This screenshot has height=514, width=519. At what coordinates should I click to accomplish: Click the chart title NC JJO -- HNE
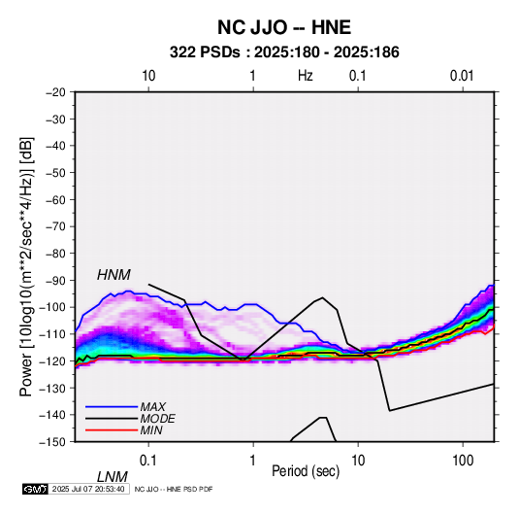[284, 27]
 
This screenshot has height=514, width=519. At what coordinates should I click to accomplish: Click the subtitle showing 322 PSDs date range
[284, 52]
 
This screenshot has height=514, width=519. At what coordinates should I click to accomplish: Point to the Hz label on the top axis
[306, 76]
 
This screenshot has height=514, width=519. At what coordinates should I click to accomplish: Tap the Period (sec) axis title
[306, 471]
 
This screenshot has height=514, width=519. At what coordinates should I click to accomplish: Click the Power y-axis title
[26, 267]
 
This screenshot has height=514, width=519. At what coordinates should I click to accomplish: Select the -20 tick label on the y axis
[55, 92]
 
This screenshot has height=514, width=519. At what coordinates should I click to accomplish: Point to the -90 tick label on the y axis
[55, 281]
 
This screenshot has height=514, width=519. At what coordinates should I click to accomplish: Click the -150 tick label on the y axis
[52, 442]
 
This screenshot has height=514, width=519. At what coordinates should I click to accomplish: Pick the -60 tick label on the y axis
[55, 199]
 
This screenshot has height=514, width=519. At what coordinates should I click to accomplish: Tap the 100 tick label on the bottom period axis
[463, 461]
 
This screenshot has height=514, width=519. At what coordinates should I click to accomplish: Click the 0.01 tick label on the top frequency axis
[462, 76]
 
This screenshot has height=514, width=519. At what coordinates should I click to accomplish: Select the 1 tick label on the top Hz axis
[252, 76]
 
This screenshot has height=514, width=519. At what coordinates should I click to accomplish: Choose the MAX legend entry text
[152, 406]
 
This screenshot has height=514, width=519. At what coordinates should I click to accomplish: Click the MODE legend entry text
[157, 419]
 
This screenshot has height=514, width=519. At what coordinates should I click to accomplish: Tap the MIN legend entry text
[151, 430]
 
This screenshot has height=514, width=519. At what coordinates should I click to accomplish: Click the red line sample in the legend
[112, 430]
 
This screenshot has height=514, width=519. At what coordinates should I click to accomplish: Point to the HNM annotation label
[114, 275]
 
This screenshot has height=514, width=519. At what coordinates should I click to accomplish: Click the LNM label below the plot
[112, 477]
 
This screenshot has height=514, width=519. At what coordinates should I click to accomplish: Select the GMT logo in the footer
[36, 489]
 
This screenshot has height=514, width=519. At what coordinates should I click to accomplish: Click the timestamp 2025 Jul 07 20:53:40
[88, 489]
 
